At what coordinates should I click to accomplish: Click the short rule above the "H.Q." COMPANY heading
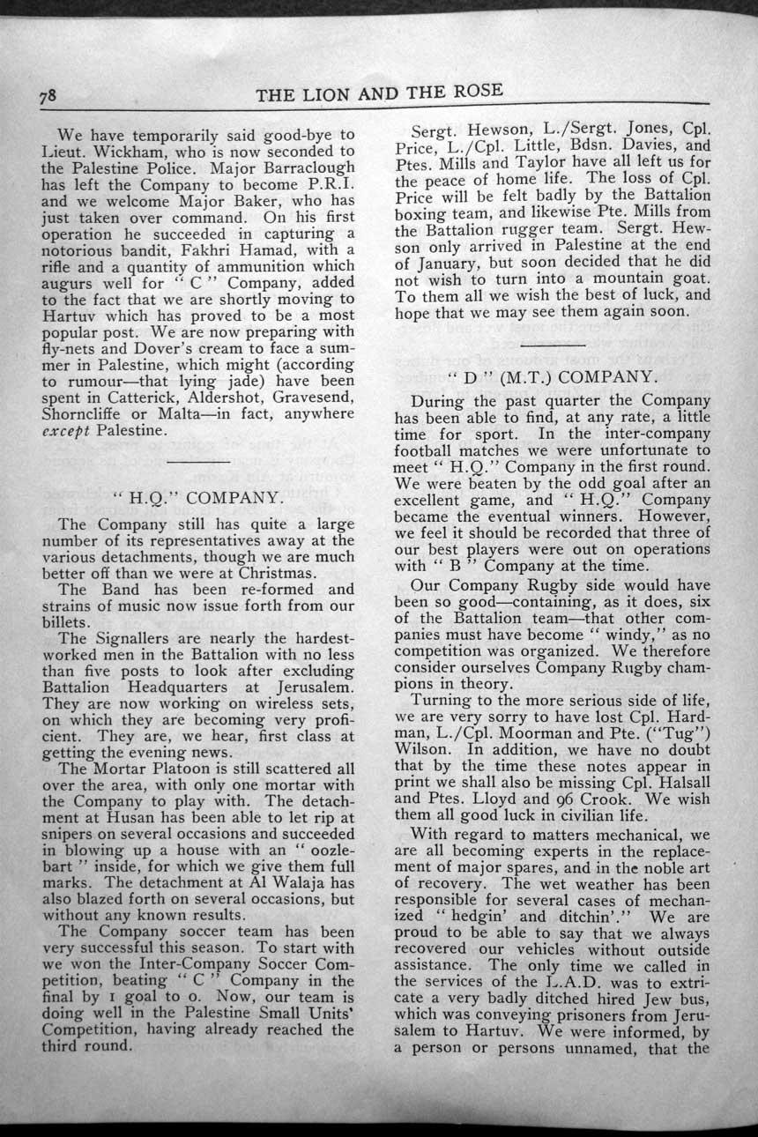point(197,462)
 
